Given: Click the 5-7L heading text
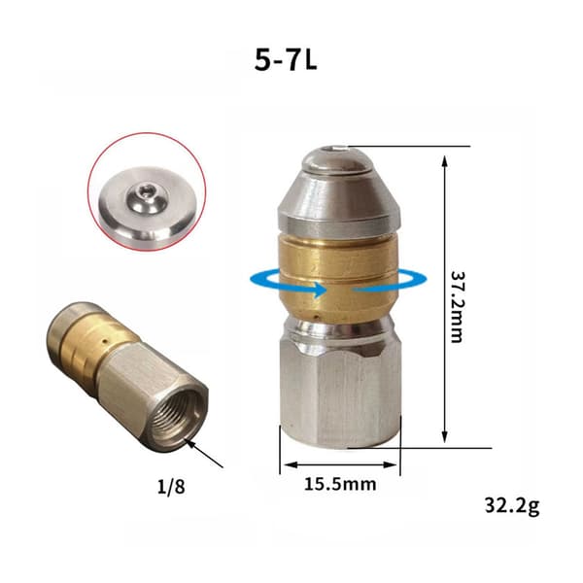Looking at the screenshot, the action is [286, 60].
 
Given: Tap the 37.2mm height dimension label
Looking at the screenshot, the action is [457, 307].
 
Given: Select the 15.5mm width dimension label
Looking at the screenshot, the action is [340, 484].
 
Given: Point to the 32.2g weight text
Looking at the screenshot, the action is [512, 506].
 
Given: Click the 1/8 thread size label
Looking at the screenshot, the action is [171, 487].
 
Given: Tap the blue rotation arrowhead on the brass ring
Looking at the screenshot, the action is [320, 290].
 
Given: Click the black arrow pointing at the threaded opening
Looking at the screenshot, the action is [205, 453].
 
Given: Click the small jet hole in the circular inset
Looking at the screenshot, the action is [143, 191].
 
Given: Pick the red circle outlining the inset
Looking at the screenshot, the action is [147, 133].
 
